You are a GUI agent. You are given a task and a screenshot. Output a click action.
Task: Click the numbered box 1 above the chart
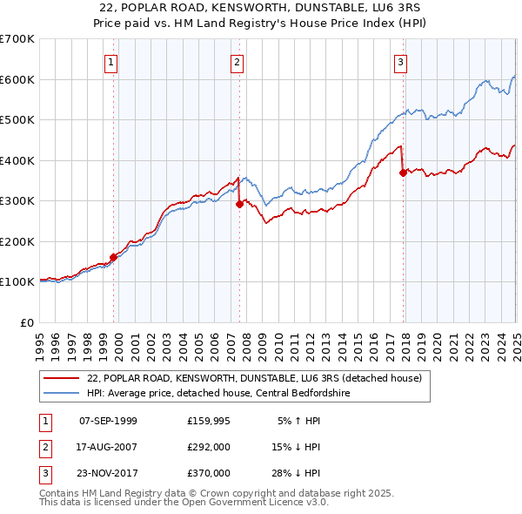tap(112, 62)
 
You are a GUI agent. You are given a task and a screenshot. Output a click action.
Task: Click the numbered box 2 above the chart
tap(237, 62)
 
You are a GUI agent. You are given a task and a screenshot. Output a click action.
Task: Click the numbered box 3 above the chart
tap(400, 62)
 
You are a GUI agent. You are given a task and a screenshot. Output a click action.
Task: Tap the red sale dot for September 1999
tap(113, 257)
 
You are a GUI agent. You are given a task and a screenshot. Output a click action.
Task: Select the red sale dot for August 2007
tap(239, 204)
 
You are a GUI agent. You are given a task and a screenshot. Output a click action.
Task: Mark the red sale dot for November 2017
tap(403, 172)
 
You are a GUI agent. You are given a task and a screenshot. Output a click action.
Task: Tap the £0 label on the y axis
tap(26, 322)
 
